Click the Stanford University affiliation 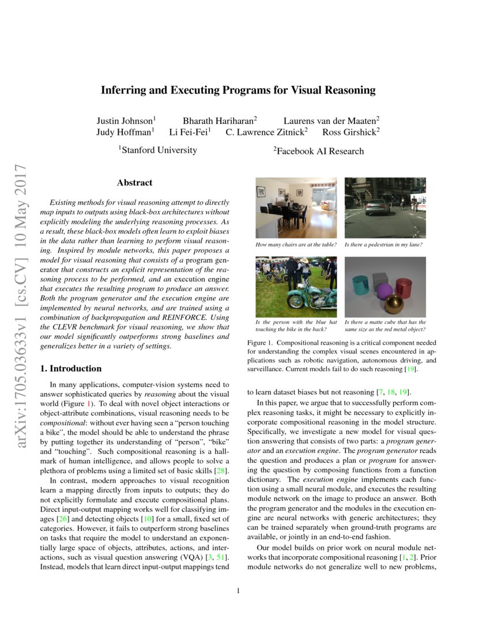[158, 150]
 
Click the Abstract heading [135, 183]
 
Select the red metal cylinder [404, 286]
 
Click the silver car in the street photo [376, 206]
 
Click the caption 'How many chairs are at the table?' [296, 245]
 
